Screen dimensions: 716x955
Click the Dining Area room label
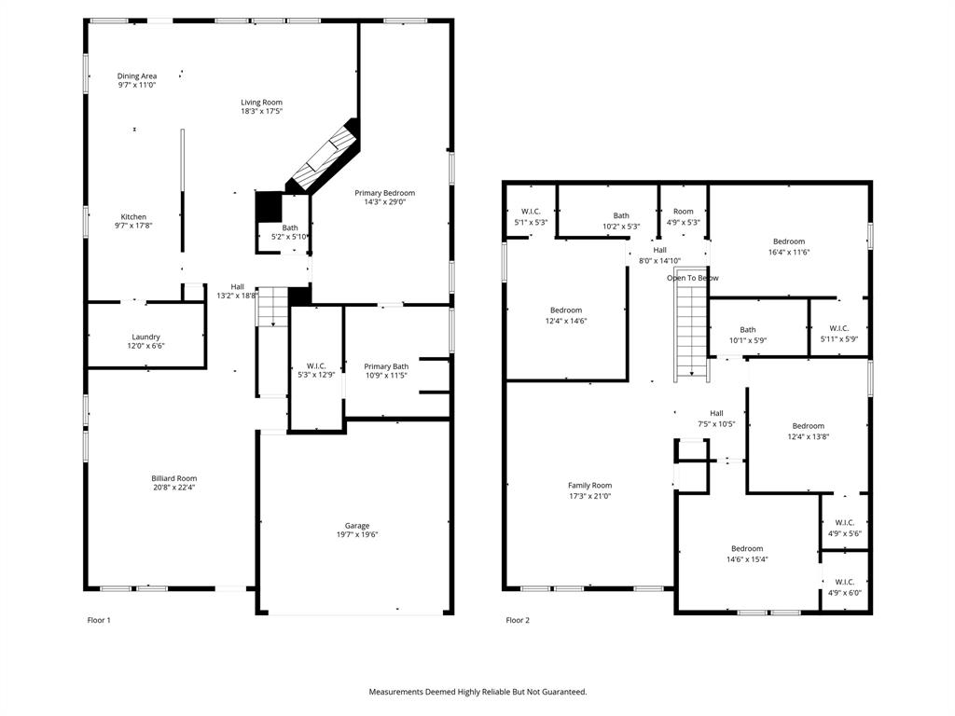[x=137, y=76]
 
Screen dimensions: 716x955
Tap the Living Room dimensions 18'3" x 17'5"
[x=261, y=111]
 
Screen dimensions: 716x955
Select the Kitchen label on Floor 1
[x=133, y=217]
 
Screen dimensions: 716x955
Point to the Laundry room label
[x=145, y=337]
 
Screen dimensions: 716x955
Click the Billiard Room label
[x=174, y=478]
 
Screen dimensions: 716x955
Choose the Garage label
[x=357, y=526]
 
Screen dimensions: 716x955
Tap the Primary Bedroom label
[x=384, y=193]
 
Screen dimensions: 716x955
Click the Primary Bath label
[x=386, y=366]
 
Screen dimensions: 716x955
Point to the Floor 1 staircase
[x=270, y=307]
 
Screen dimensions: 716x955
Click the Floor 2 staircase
[x=690, y=331]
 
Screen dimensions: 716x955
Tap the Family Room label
[x=589, y=485]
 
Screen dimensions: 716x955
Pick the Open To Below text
[x=692, y=278]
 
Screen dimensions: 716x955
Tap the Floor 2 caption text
[x=518, y=620]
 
